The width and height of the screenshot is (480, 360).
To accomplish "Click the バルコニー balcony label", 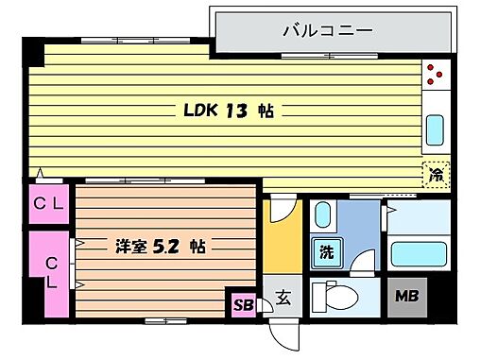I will pyautogui.click(x=328, y=31).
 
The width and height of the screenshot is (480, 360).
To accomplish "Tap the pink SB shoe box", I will pyautogui.click(x=242, y=304).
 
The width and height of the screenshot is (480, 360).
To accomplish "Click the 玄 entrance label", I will pyautogui.click(x=282, y=300).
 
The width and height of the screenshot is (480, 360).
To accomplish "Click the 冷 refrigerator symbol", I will pyautogui.click(x=437, y=174).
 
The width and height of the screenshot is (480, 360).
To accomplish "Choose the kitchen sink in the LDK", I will pyautogui.click(x=437, y=127).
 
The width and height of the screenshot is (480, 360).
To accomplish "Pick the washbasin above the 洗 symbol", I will pyautogui.click(x=322, y=216).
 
